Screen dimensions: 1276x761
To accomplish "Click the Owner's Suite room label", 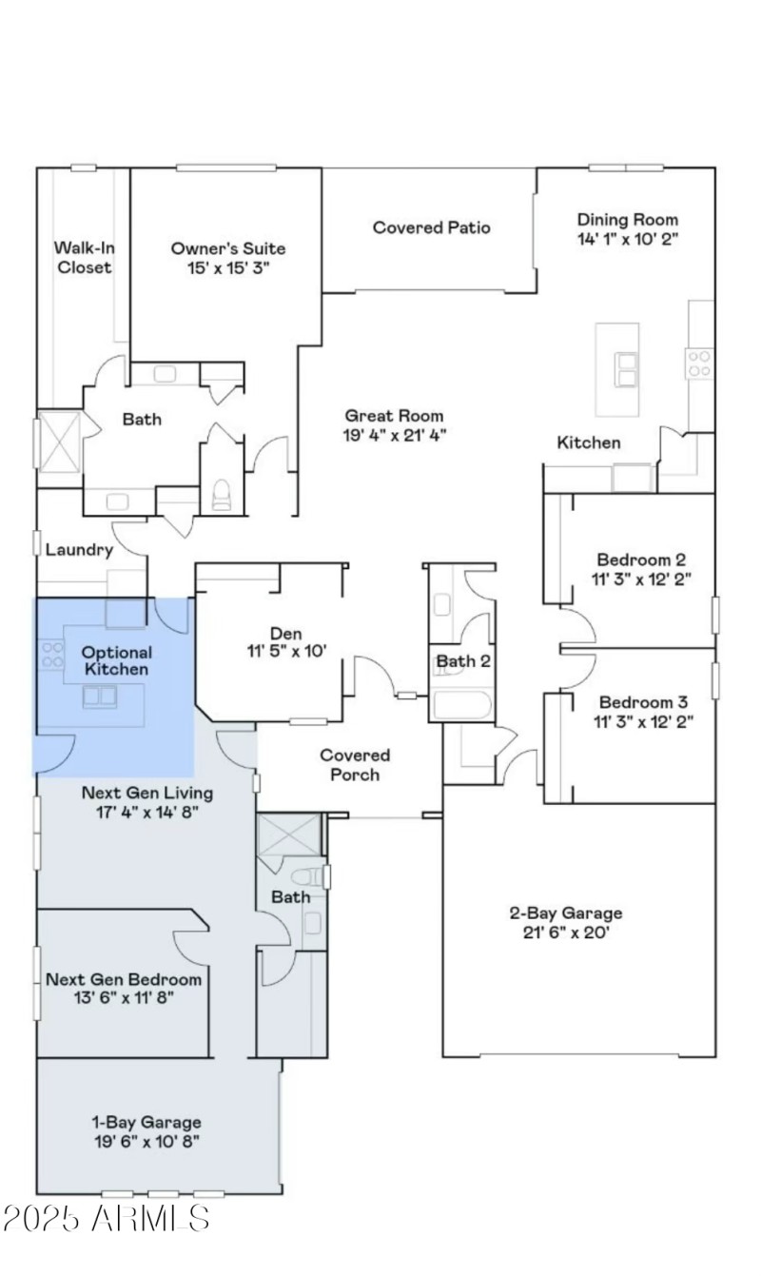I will tap(227, 248).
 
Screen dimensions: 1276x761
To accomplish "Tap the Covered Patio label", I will tap(431, 227).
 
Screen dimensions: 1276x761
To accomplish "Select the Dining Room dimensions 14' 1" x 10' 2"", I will tap(628, 239).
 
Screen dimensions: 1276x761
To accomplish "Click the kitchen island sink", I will tap(627, 368).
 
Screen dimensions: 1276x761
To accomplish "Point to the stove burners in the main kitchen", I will tap(699, 363).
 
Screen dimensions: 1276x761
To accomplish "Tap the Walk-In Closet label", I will tap(84, 258).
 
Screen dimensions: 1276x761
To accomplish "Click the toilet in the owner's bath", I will tap(222, 494).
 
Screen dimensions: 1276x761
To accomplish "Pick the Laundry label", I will tap(80, 550).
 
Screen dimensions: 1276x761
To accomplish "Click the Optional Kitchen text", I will tap(116, 660).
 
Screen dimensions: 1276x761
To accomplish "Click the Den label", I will tap(285, 633).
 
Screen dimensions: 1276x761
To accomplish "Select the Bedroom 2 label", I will tap(641, 559).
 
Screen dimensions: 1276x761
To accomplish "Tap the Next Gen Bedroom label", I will tap(124, 979).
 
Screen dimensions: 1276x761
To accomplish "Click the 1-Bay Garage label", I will tap(146, 1122).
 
